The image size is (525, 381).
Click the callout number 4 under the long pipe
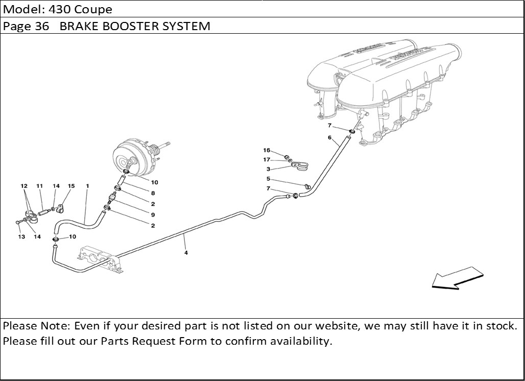186,252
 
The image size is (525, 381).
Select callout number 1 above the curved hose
87,186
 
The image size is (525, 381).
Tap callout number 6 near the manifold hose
329,137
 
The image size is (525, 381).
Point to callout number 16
267,151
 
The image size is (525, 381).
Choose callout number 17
267,160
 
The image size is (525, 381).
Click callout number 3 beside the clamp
268,169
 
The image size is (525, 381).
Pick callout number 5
268,179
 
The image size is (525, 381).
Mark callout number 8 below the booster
153,193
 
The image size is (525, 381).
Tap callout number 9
153,215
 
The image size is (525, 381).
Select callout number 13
22,236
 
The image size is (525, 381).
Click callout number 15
71,186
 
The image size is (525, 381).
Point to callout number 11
39,186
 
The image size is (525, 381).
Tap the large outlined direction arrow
457,278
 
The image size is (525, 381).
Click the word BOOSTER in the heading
130,26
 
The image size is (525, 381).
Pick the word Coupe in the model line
95,9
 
